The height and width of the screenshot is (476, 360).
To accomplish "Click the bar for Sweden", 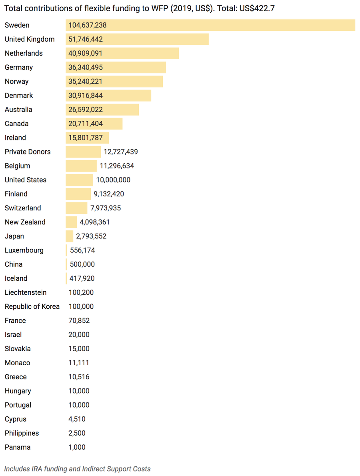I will coord(210,25).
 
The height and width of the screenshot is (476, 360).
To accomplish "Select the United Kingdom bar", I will coord(137,39).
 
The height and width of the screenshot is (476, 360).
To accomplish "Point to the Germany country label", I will coord(19,67).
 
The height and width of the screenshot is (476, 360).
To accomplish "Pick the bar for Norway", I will coord(114,81).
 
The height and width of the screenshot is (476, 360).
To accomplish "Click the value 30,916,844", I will coord(86,95).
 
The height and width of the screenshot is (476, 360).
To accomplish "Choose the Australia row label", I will coord(18,110).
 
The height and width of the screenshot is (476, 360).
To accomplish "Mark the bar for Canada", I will coord(94,124).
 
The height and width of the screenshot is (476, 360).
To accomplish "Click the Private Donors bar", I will coord(83,152).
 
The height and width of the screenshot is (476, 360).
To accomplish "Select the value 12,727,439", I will coord(121,152).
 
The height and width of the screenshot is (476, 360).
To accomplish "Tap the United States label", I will coord(26,180).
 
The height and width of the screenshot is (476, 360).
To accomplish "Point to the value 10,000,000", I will coord(113,180).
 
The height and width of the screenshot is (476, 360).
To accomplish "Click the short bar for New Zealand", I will coord(71,222).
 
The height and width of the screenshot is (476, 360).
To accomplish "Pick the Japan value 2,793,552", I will coord(91,236).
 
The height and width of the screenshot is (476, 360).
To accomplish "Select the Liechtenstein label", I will coord(26,292).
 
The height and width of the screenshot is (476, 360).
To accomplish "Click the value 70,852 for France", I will coord(79,320).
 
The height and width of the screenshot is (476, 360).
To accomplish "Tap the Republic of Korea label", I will coord(32,306).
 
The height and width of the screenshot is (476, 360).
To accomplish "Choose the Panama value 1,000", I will coord(77,447).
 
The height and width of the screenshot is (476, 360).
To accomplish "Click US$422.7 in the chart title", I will coord(257,8).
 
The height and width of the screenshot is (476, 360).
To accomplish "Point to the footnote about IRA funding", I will coord(78,468).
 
